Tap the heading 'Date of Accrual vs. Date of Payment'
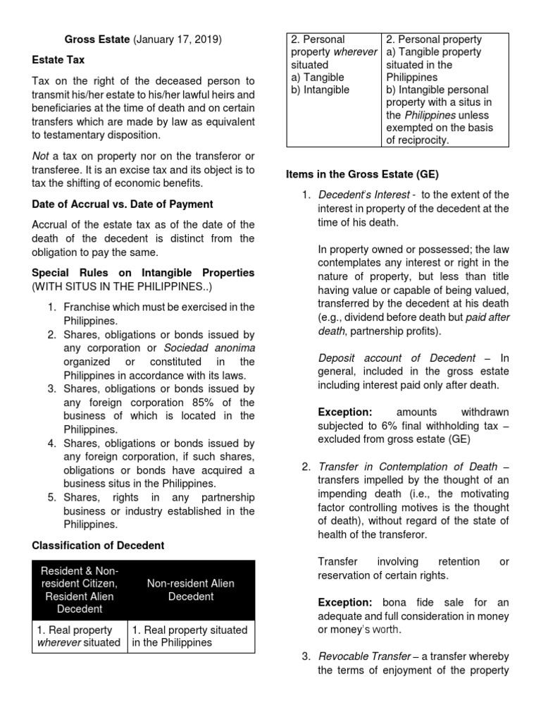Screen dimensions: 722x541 pyautogui.click(x=123, y=204)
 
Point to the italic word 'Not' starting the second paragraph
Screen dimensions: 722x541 pyautogui.click(x=42, y=155)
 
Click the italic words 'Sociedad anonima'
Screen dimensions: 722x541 pyautogui.click(x=209, y=348)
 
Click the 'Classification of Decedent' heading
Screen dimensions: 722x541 pyautogui.click(x=98, y=545)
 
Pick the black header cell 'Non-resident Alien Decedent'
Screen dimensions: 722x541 pyautogui.click(x=191, y=589)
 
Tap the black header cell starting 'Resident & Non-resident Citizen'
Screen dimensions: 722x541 pyautogui.click(x=80, y=589)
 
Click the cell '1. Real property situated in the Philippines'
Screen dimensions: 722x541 pyautogui.click(x=190, y=636)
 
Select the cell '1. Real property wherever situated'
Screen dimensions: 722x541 pyautogui.click(x=79, y=636)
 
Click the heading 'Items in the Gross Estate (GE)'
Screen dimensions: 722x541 pyautogui.click(x=362, y=174)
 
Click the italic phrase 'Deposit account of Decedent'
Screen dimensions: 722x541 pyautogui.click(x=397, y=358)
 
